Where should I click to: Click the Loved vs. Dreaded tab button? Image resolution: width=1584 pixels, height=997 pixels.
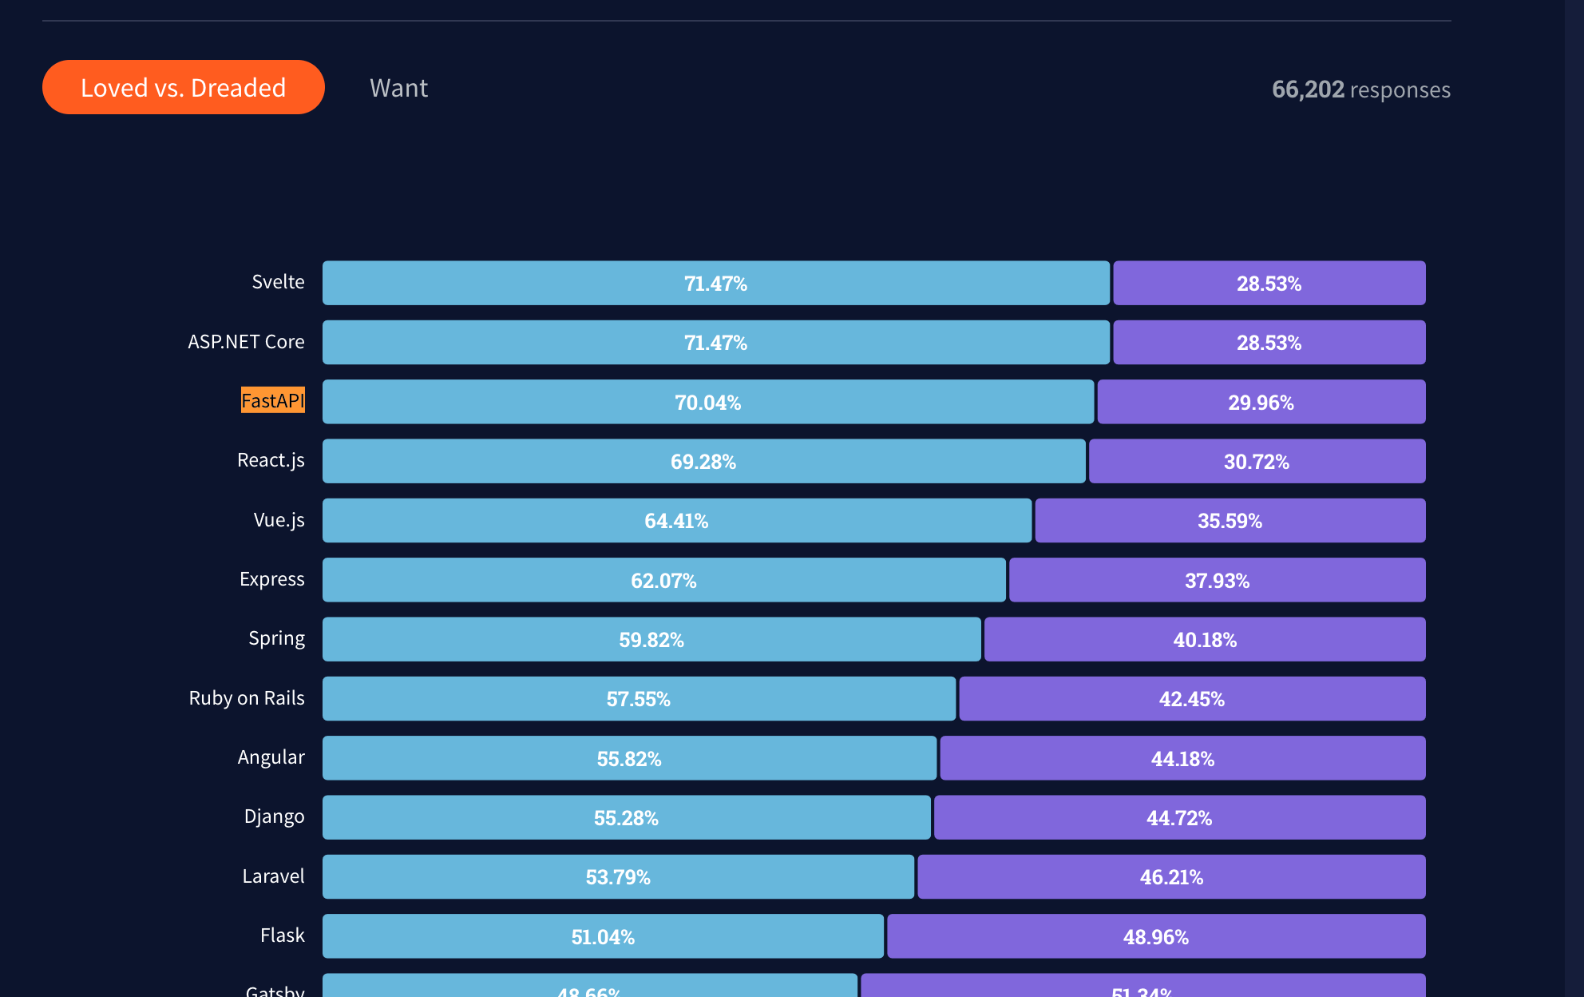pyautogui.click(x=183, y=87)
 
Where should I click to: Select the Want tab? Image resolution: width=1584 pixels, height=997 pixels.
pyautogui.click(x=398, y=88)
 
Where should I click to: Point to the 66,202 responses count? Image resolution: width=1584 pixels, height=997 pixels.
pyautogui.click(x=1360, y=89)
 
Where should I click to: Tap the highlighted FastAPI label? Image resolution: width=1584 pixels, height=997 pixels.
pyautogui.click(x=272, y=400)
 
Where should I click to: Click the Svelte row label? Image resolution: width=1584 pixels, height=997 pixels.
pyautogui.click(x=278, y=282)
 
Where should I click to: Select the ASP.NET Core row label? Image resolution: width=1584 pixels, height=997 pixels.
pyautogui.click(x=246, y=342)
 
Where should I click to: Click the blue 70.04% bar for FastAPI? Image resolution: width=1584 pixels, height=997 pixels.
pyautogui.click(x=707, y=402)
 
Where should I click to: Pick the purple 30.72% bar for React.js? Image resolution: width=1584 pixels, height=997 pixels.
pyautogui.click(x=1257, y=462)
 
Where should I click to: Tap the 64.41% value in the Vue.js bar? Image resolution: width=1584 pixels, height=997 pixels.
pyautogui.click(x=676, y=521)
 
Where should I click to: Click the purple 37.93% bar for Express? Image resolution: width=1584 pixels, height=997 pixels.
pyautogui.click(x=1217, y=580)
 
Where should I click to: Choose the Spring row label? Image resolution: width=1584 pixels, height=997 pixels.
pyautogui.click(x=276, y=638)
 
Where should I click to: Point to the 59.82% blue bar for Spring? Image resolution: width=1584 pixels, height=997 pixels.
pyautogui.click(x=651, y=640)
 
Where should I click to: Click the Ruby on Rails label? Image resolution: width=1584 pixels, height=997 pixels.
pyautogui.click(x=247, y=698)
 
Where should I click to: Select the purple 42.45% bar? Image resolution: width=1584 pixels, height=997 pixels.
pyautogui.click(x=1191, y=699)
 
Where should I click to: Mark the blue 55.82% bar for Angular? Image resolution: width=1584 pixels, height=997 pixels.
pyautogui.click(x=629, y=758)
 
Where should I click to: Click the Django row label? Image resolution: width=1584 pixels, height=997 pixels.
pyautogui.click(x=274, y=816)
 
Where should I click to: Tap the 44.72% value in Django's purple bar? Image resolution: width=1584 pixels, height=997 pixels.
pyautogui.click(x=1179, y=818)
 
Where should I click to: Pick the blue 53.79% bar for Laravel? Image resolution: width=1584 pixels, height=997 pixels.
pyautogui.click(x=618, y=877)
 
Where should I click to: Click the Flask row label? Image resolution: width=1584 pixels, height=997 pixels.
pyautogui.click(x=282, y=935)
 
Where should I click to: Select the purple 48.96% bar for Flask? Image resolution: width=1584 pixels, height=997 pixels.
pyautogui.click(x=1155, y=936)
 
